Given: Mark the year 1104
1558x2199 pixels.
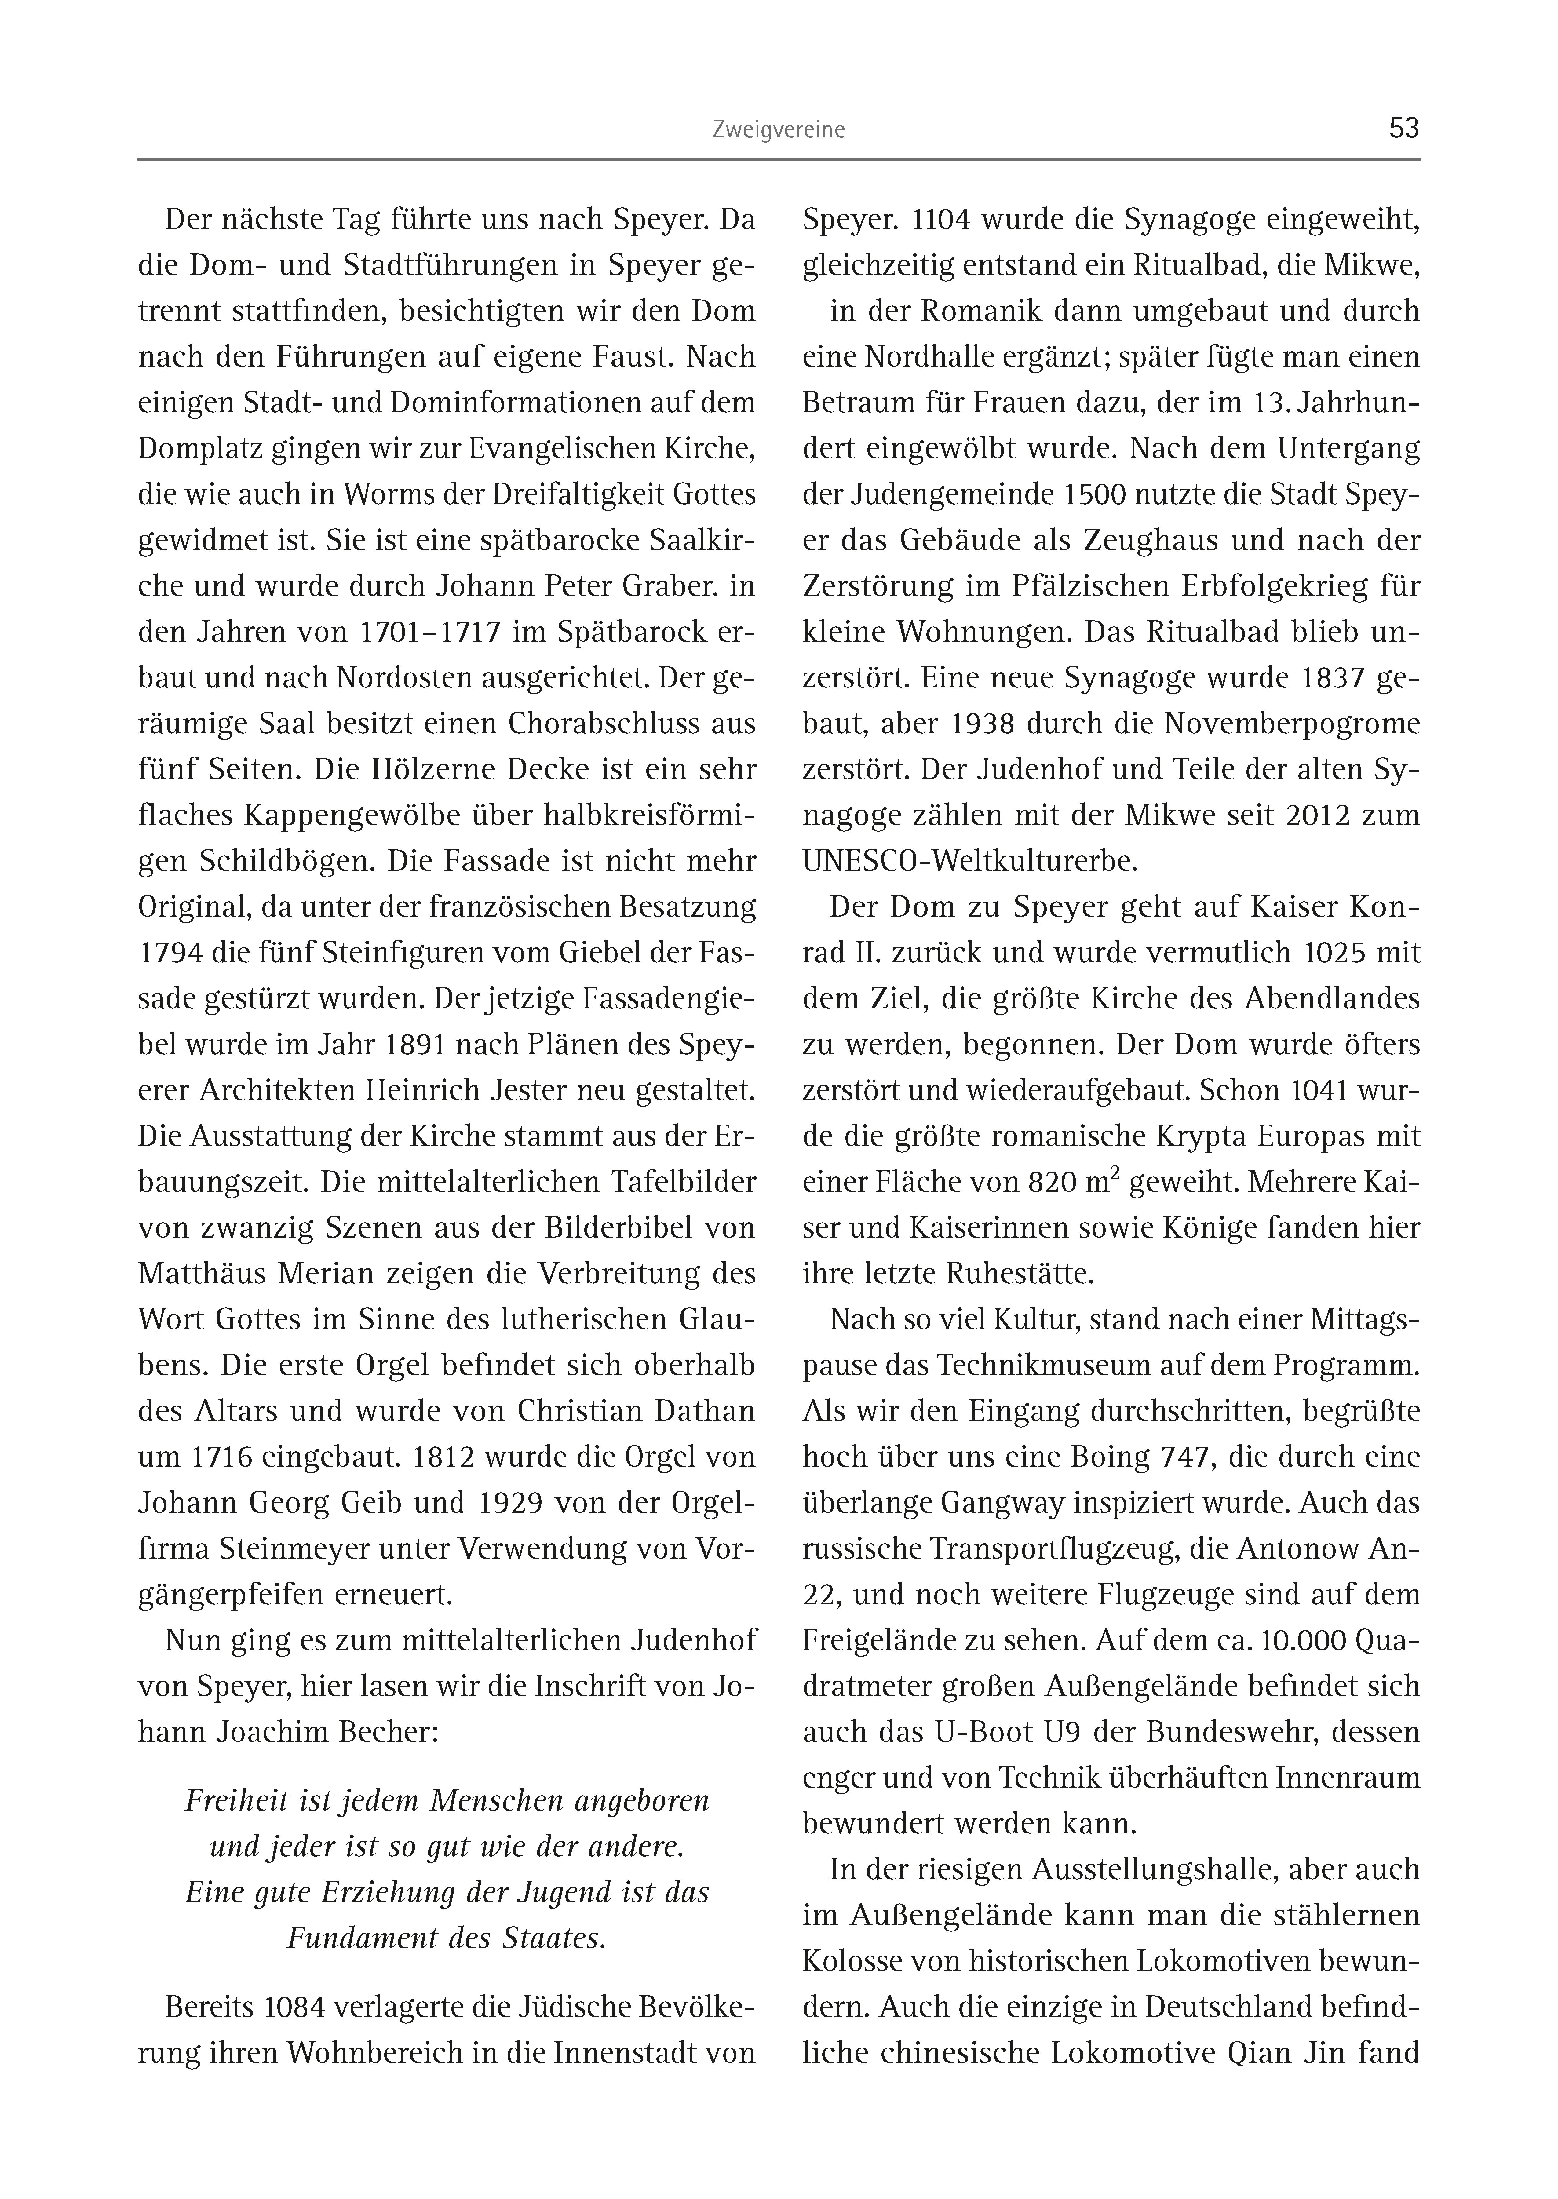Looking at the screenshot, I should [945, 220].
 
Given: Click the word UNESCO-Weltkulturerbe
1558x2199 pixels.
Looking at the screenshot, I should [969, 861].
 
